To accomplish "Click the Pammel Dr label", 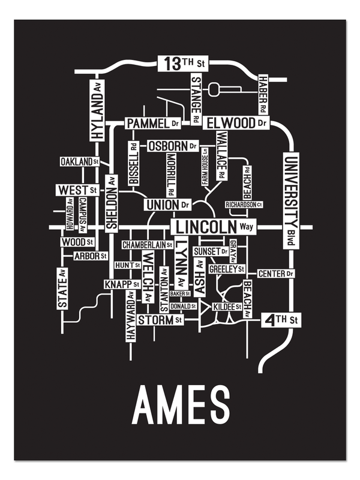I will [153, 123].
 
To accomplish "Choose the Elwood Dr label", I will [236, 123].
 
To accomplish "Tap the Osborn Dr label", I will [173, 146].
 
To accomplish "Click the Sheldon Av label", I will [112, 202].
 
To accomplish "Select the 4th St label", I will [281, 320].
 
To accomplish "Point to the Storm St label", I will [160, 320].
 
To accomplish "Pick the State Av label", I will [63, 289].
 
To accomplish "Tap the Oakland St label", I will [79, 162].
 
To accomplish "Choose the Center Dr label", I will [276, 274].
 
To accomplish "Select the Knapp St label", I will [122, 284].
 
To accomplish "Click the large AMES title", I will [181, 406].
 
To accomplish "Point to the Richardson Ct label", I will [244, 205].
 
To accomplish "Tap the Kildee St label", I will [227, 307].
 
